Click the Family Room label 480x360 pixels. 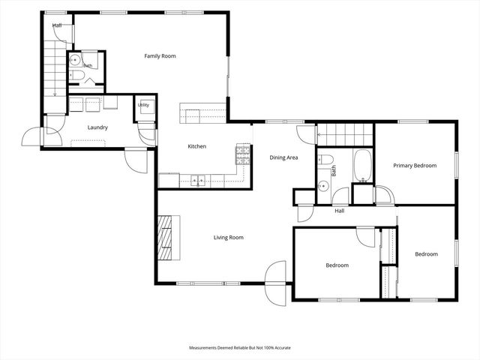160,56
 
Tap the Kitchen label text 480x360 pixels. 196,146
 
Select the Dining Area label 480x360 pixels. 283,157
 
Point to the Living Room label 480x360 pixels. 228,238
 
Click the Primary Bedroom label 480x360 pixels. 415,166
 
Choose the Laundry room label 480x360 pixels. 97,127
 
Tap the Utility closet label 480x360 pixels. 143,105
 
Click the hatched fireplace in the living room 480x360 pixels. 164,238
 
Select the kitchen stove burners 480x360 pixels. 243,155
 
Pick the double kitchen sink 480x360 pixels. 198,181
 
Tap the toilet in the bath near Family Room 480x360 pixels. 76,75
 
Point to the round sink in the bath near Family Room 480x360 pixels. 74,60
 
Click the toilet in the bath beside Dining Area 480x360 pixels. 325,159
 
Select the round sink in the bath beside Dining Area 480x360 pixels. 323,185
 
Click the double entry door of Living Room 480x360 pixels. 275,283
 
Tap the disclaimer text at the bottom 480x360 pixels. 240,348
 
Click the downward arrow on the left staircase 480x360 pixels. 55,91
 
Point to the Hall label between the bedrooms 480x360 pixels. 339,211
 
